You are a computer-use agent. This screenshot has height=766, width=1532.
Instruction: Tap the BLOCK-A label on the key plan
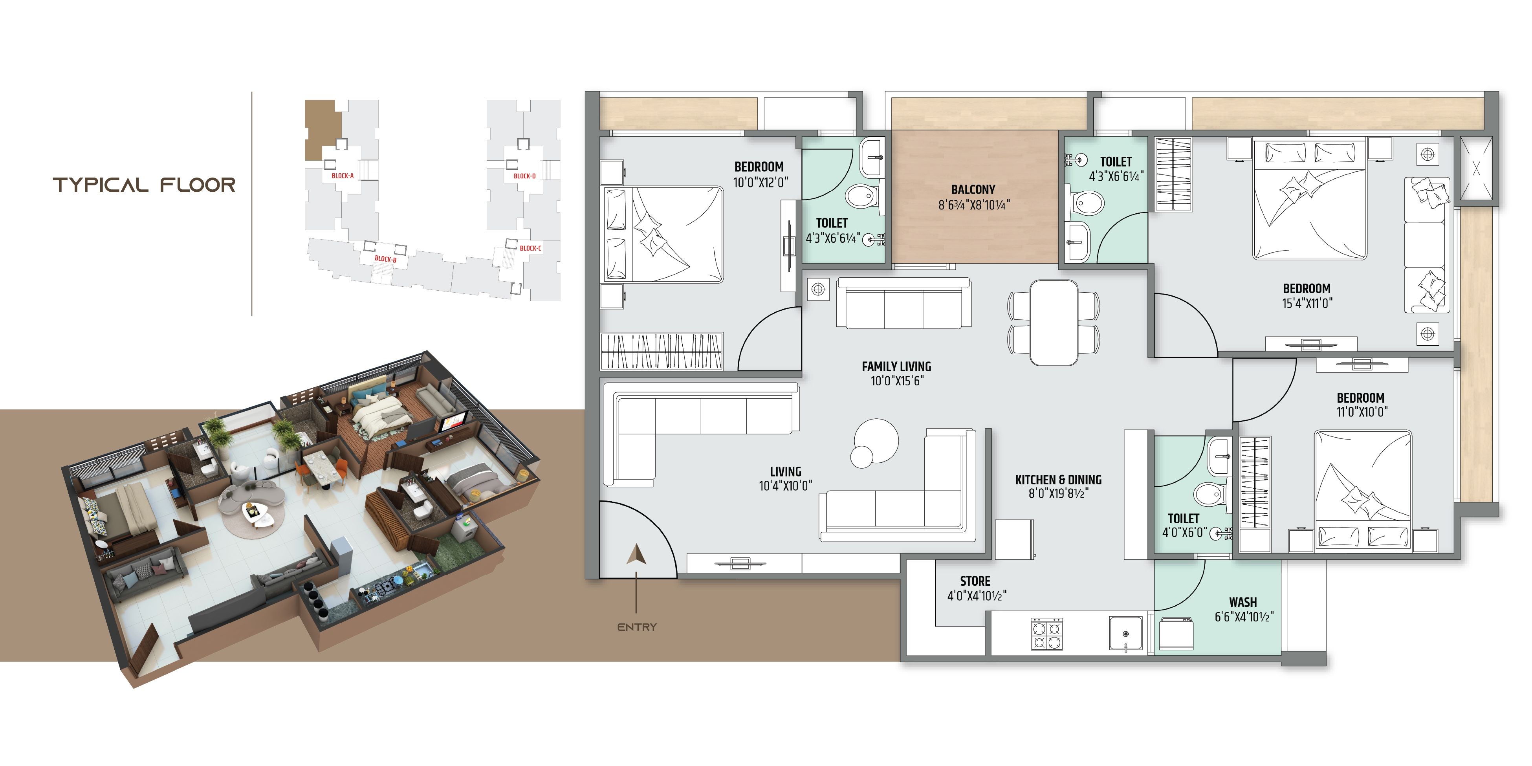point(343,176)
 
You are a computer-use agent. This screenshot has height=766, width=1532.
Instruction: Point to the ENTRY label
point(636,627)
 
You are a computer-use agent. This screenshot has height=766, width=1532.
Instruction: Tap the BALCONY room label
point(973,190)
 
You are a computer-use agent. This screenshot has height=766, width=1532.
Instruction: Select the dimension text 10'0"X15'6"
point(897,381)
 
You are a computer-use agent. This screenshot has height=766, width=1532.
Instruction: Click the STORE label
point(975,581)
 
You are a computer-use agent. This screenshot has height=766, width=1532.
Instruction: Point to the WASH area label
point(1243,603)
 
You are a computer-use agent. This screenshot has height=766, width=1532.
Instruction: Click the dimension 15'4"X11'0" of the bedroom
point(1307,303)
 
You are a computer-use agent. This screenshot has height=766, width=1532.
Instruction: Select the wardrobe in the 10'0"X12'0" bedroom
point(662,352)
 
